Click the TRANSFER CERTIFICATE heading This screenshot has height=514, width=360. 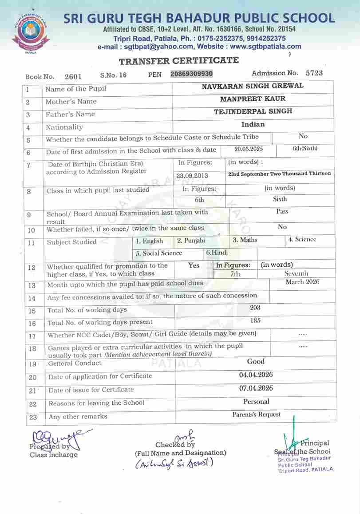tap(178, 61)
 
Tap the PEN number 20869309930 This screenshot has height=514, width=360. tap(192, 74)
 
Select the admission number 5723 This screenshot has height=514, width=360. tap(314, 73)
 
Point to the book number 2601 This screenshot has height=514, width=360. tap(73, 76)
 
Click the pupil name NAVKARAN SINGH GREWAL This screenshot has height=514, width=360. tap(253, 86)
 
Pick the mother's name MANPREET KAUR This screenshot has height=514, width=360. tap(253, 99)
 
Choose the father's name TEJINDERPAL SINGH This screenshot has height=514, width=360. tap(253, 111)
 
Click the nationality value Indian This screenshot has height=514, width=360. tap(253, 124)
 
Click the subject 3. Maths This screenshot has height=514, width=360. tap(245, 240)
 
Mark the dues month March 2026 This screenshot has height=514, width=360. tap(302, 282)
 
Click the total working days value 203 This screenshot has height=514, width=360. tap(255, 308)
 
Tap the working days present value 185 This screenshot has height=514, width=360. tap(255, 320)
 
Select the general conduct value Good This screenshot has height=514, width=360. tap(256, 361)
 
